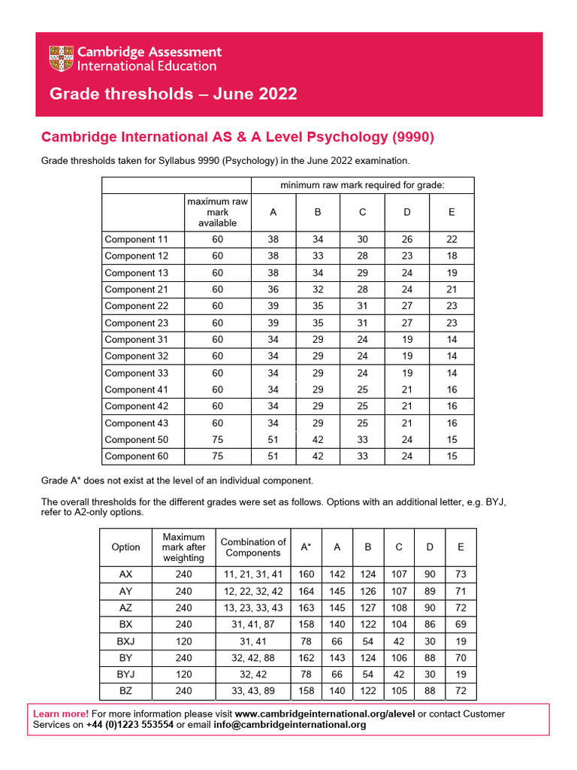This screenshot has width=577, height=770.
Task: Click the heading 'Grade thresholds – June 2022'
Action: (x=173, y=94)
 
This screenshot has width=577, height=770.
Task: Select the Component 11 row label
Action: (x=137, y=240)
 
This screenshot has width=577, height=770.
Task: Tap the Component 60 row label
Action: (x=137, y=456)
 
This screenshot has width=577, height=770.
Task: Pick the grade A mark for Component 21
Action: (x=273, y=290)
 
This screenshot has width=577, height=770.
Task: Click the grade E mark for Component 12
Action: (x=452, y=256)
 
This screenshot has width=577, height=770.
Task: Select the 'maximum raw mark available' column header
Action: (x=218, y=212)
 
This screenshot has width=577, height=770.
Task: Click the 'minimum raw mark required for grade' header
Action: (x=362, y=185)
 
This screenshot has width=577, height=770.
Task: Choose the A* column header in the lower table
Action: (x=307, y=547)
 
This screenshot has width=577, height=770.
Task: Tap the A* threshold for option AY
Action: (x=307, y=591)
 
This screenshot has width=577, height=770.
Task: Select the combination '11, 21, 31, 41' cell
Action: (x=253, y=574)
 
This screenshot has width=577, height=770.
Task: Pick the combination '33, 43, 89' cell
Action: (x=253, y=690)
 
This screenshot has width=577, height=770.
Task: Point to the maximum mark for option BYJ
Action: (x=183, y=674)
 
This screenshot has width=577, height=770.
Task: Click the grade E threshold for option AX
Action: (x=461, y=574)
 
